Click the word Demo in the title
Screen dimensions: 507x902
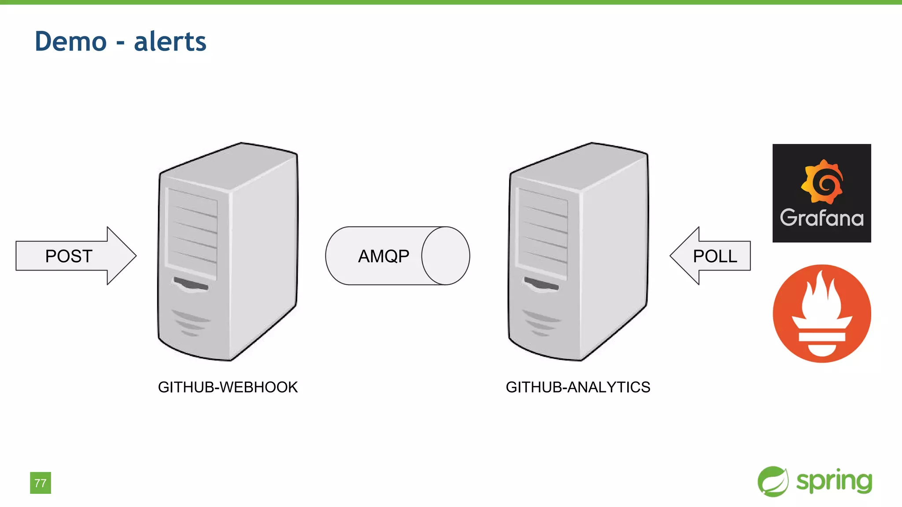click(x=71, y=42)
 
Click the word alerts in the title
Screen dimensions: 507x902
click(x=170, y=42)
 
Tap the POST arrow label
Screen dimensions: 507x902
click(x=69, y=256)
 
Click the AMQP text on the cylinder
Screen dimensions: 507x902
click(x=384, y=256)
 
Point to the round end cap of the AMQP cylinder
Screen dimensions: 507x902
click(x=446, y=256)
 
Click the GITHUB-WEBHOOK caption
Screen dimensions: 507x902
click(x=228, y=387)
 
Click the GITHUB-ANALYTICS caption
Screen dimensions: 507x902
click(x=578, y=387)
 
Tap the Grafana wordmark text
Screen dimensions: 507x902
click(x=822, y=218)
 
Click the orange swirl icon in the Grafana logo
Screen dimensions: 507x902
click(x=822, y=182)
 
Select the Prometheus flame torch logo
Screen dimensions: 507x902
click(x=822, y=313)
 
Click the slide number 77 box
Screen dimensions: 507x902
click(x=41, y=483)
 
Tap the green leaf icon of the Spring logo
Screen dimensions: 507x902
click(x=773, y=481)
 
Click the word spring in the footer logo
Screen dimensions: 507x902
click(x=834, y=481)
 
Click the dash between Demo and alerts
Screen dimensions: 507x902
click(x=120, y=43)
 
